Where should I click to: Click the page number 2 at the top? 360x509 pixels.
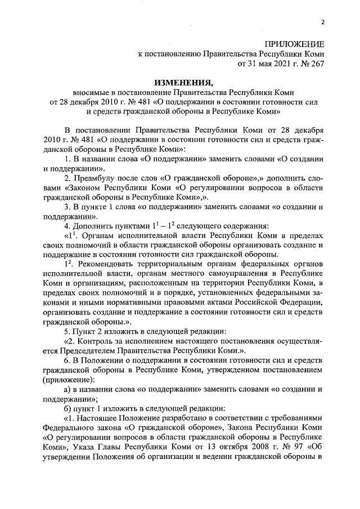pyautogui.click(x=323, y=22)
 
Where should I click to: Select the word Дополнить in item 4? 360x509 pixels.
pyautogui.click(x=92, y=226)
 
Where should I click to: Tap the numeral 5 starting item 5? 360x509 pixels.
pyautogui.click(x=66, y=331)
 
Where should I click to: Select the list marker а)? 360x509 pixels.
pyautogui.click(x=67, y=389)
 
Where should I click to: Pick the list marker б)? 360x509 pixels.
pyautogui.click(x=68, y=408)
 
